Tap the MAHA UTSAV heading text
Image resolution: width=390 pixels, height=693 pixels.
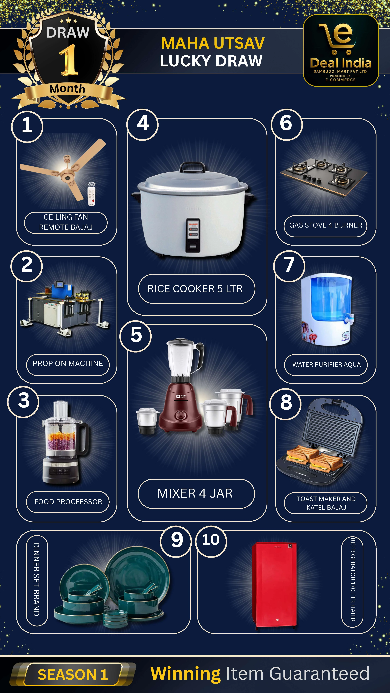tap(213, 43)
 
